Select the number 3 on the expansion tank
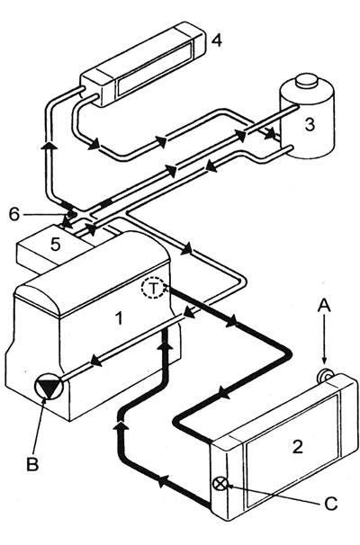pyautogui.click(x=309, y=126)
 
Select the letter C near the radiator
pyautogui.click(x=329, y=504)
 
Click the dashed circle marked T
pyautogui.click(x=155, y=290)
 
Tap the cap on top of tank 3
pyautogui.click(x=306, y=80)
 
